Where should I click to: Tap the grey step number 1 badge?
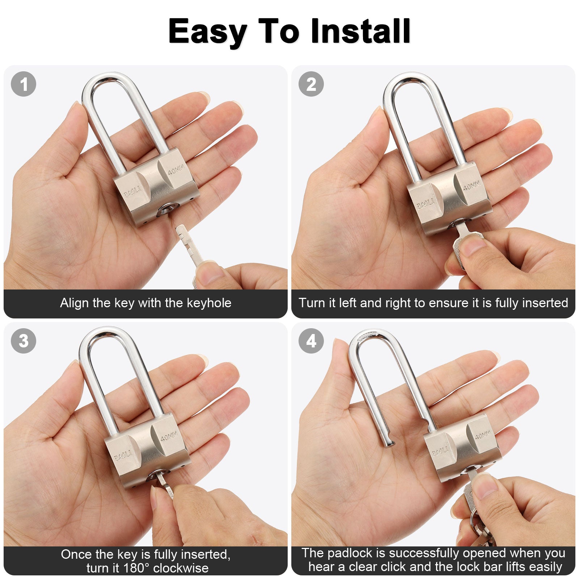24,84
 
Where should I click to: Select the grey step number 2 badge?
311,84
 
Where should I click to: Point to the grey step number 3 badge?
24,341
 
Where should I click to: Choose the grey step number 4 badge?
311,341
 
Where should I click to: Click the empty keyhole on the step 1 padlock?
167,210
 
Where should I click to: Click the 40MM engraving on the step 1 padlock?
176,169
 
